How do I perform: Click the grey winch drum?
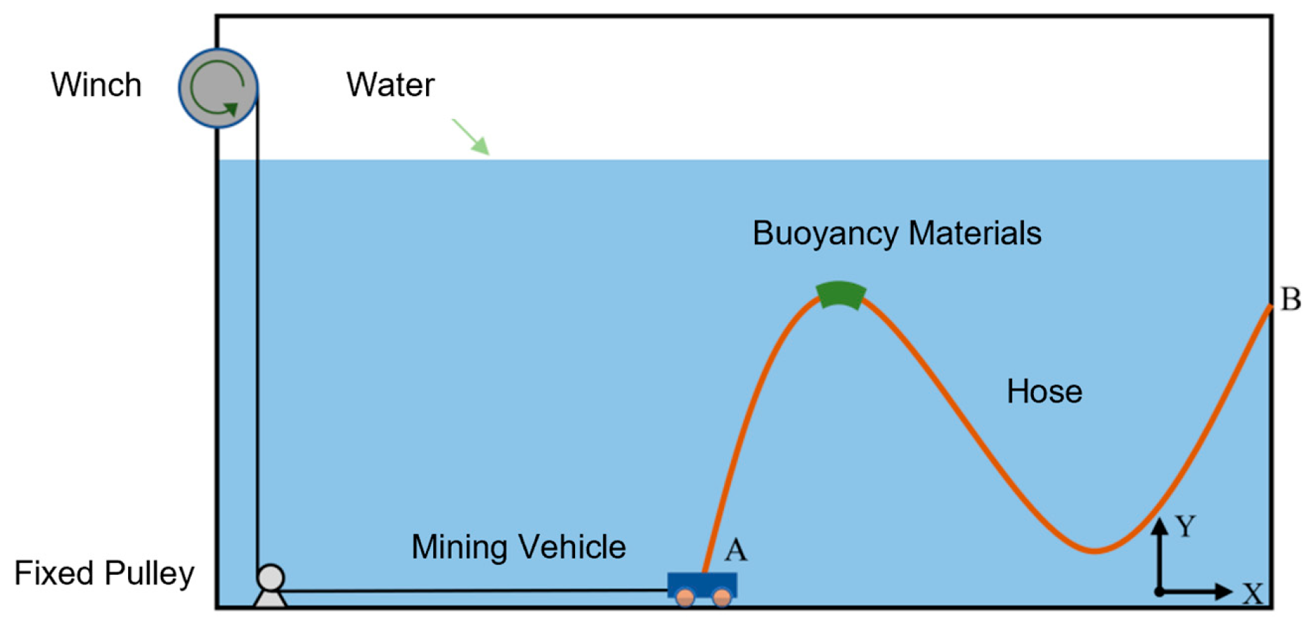tap(218, 87)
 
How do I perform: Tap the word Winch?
tap(96, 85)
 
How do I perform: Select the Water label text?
tap(390, 85)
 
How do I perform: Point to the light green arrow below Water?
tap(471, 136)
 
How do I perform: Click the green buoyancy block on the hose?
tap(841, 294)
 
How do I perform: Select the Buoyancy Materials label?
tap(897, 233)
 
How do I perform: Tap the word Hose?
tap(1044, 391)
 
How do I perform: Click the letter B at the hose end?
tap(1291, 299)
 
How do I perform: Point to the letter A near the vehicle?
tap(735, 550)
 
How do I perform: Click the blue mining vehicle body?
tap(702, 584)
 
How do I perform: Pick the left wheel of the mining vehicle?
tap(686, 597)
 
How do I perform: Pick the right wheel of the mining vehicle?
tap(721, 597)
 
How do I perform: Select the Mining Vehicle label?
tap(518, 547)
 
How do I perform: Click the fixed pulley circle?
tap(271, 578)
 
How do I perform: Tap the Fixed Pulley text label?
tap(104, 573)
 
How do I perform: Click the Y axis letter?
tap(1185, 526)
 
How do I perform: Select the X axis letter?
tap(1253, 594)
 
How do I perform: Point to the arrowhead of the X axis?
tap(1224, 591)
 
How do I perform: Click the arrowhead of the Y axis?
tap(1160, 526)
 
